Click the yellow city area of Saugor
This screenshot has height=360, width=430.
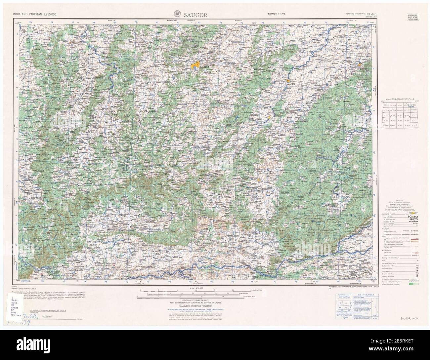(x=195, y=66)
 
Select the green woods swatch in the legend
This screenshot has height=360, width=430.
(x=411, y=284)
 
